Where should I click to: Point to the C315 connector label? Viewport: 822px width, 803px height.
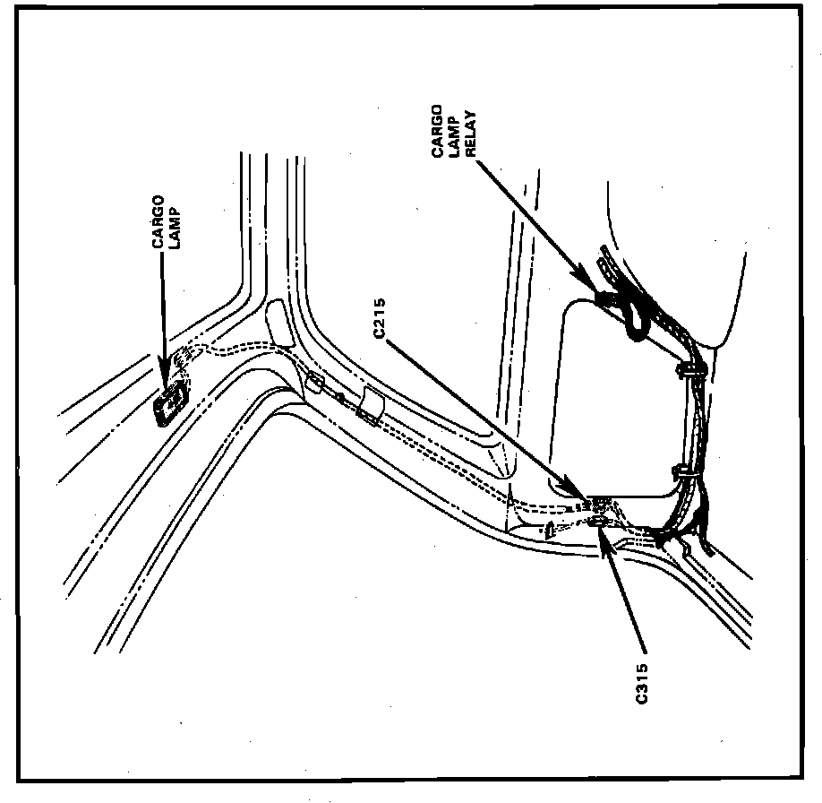click(642, 684)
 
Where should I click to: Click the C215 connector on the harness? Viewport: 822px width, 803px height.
click(595, 501)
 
